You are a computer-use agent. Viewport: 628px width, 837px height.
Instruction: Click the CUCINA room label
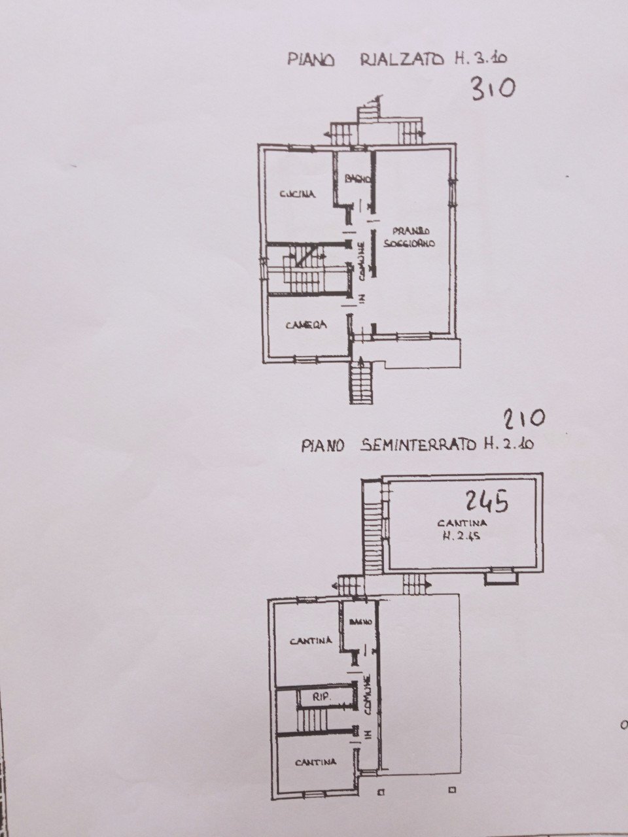[x=298, y=194]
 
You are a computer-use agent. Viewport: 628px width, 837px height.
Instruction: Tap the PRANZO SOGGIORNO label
[x=414, y=237]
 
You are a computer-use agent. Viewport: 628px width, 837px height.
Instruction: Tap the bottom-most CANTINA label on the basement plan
[x=315, y=762]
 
